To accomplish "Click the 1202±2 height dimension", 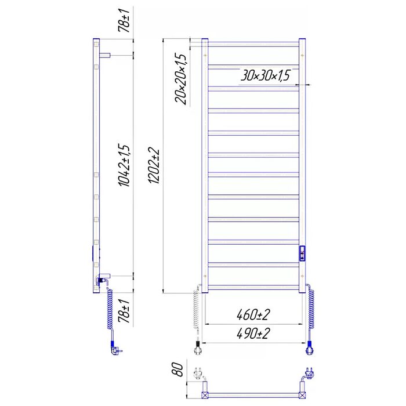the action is click(154, 166).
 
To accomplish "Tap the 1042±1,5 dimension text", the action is click(124, 166).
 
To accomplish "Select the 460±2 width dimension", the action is click(253, 315).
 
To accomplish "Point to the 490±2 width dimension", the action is click(253, 333).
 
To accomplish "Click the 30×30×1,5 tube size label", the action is click(265, 75).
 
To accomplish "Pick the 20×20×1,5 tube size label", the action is click(181, 79).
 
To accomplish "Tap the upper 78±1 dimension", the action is click(124, 20).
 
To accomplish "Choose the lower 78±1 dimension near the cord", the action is click(124, 311).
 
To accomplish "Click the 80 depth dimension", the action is click(177, 369).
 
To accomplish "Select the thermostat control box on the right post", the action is click(302, 253).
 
